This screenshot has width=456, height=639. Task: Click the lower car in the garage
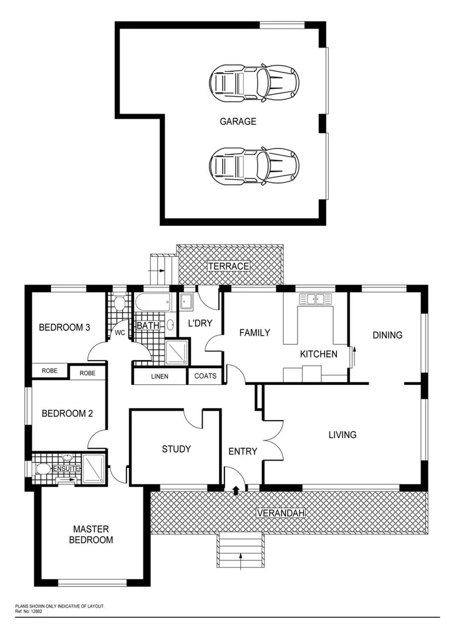tap(253, 166)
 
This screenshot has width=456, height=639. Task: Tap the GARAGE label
tap(238, 122)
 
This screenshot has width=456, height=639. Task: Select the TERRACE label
tap(228, 266)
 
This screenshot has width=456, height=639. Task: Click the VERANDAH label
tap(280, 513)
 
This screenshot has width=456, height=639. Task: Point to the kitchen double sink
tap(316, 299)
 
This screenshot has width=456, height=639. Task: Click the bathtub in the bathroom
tap(152, 303)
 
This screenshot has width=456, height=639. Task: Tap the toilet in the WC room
tap(119, 304)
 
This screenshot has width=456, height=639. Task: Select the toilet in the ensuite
tap(43, 469)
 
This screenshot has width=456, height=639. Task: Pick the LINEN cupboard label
tap(160, 376)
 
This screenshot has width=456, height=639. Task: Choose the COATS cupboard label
tap(205, 376)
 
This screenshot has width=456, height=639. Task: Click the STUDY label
tap(176, 449)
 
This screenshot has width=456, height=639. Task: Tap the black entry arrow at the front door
tap(235, 490)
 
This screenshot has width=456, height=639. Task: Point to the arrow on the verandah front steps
tap(241, 560)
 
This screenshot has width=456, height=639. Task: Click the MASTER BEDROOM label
tap(91, 534)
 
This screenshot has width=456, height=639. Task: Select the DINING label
tap(387, 335)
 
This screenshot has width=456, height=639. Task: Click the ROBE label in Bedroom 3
tap(50, 371)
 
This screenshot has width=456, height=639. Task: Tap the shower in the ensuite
tap(94, 469)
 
